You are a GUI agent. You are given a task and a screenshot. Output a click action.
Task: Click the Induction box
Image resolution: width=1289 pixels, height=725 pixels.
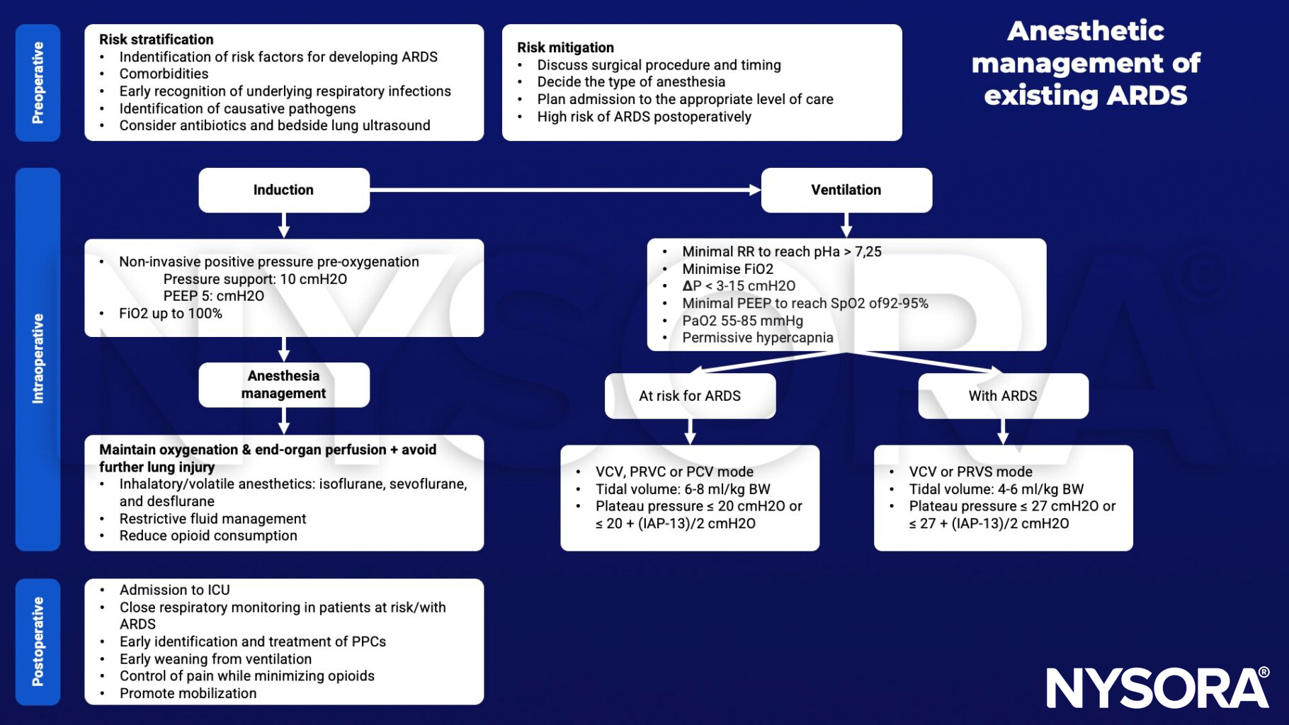[x=283, y=190]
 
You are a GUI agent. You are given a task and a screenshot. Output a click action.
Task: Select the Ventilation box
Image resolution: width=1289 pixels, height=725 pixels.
[x=846, y=190]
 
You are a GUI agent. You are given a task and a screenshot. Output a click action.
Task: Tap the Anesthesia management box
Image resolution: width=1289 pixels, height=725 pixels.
[x=283, y=384]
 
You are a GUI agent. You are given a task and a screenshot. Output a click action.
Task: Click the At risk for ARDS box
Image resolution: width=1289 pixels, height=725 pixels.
[x=689, y=396]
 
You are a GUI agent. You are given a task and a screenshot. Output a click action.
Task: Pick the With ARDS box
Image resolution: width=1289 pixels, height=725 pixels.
[x=1002, y=396]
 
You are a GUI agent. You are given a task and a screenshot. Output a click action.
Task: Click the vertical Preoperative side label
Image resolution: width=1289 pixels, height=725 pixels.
[x=38, y=83]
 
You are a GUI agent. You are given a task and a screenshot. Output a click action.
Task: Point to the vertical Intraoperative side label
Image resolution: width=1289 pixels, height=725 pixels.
[x=38, y=359]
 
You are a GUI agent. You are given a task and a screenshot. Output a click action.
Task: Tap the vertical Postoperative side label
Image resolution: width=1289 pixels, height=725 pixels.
[x=38, y=641]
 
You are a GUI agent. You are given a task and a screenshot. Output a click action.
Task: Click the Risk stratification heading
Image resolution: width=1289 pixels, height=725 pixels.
[x=156, y=40]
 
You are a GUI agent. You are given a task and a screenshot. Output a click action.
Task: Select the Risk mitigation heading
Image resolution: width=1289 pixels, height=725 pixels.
[x=565, y=47]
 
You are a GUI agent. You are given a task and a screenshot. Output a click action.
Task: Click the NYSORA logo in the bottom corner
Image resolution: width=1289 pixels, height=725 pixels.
[x=1157, y=687]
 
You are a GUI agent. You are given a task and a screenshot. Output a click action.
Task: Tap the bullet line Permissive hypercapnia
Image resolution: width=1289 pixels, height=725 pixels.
[x=757, y=338]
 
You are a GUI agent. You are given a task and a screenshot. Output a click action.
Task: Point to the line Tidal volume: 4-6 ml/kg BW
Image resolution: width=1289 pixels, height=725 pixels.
[x=996, y=489]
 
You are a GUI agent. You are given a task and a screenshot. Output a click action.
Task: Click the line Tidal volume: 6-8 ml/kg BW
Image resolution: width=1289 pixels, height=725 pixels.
[x=682, y=489]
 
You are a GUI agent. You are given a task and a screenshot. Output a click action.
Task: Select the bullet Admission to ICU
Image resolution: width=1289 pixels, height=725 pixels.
[x=174, y=590]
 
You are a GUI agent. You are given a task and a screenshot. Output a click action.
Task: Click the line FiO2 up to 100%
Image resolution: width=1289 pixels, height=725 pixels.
[x=170, y=314]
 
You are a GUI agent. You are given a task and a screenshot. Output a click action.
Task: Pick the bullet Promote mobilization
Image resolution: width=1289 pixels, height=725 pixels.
[x=188, y=693]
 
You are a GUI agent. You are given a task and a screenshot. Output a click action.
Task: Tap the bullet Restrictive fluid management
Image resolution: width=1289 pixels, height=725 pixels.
[x=212, y=519]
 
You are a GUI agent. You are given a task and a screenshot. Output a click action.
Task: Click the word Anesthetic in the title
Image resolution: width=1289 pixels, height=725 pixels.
[x=1085, y=31]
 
